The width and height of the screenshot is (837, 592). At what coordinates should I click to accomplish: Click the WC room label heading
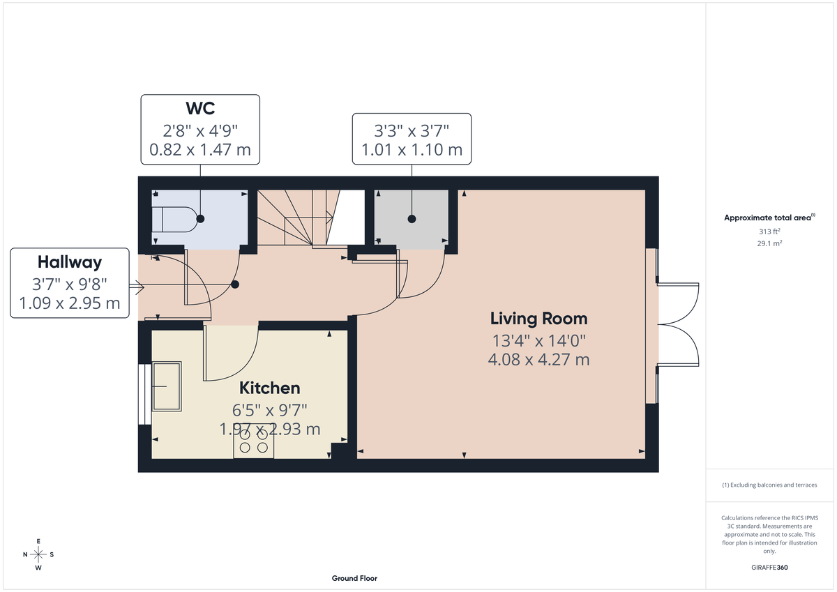(200, 109)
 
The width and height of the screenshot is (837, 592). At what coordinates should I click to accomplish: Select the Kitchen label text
(270, 388)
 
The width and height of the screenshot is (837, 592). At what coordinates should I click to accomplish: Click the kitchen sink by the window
(167, 386)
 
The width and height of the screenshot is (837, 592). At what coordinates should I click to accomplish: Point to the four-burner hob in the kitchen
(254, 441)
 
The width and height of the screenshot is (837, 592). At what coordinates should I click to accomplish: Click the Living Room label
(538, 319)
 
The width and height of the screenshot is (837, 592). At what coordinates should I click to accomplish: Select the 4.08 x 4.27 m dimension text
(538, 360)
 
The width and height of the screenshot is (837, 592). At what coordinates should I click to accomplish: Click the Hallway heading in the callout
(70, 263)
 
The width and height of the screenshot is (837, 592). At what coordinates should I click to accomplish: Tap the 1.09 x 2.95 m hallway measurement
(70, 304)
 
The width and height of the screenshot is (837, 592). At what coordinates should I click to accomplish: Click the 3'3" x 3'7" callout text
(411, 130)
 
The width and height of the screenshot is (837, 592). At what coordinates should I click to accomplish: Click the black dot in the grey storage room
(412, 219)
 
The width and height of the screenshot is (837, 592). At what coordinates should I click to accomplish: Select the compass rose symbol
(38, 554)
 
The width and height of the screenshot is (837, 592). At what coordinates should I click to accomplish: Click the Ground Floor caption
(354, 579)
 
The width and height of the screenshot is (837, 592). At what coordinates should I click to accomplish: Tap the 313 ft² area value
(769, 232)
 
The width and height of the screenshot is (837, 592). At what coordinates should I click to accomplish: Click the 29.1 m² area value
(769, 243)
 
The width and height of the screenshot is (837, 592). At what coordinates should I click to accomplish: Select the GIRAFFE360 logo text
(769, 568)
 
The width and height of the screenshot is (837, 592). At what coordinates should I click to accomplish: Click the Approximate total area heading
(769, 218)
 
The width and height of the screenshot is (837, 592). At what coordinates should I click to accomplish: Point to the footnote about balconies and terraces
(769, 485)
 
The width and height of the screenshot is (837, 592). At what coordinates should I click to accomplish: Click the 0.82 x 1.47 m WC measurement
(200, 149)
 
